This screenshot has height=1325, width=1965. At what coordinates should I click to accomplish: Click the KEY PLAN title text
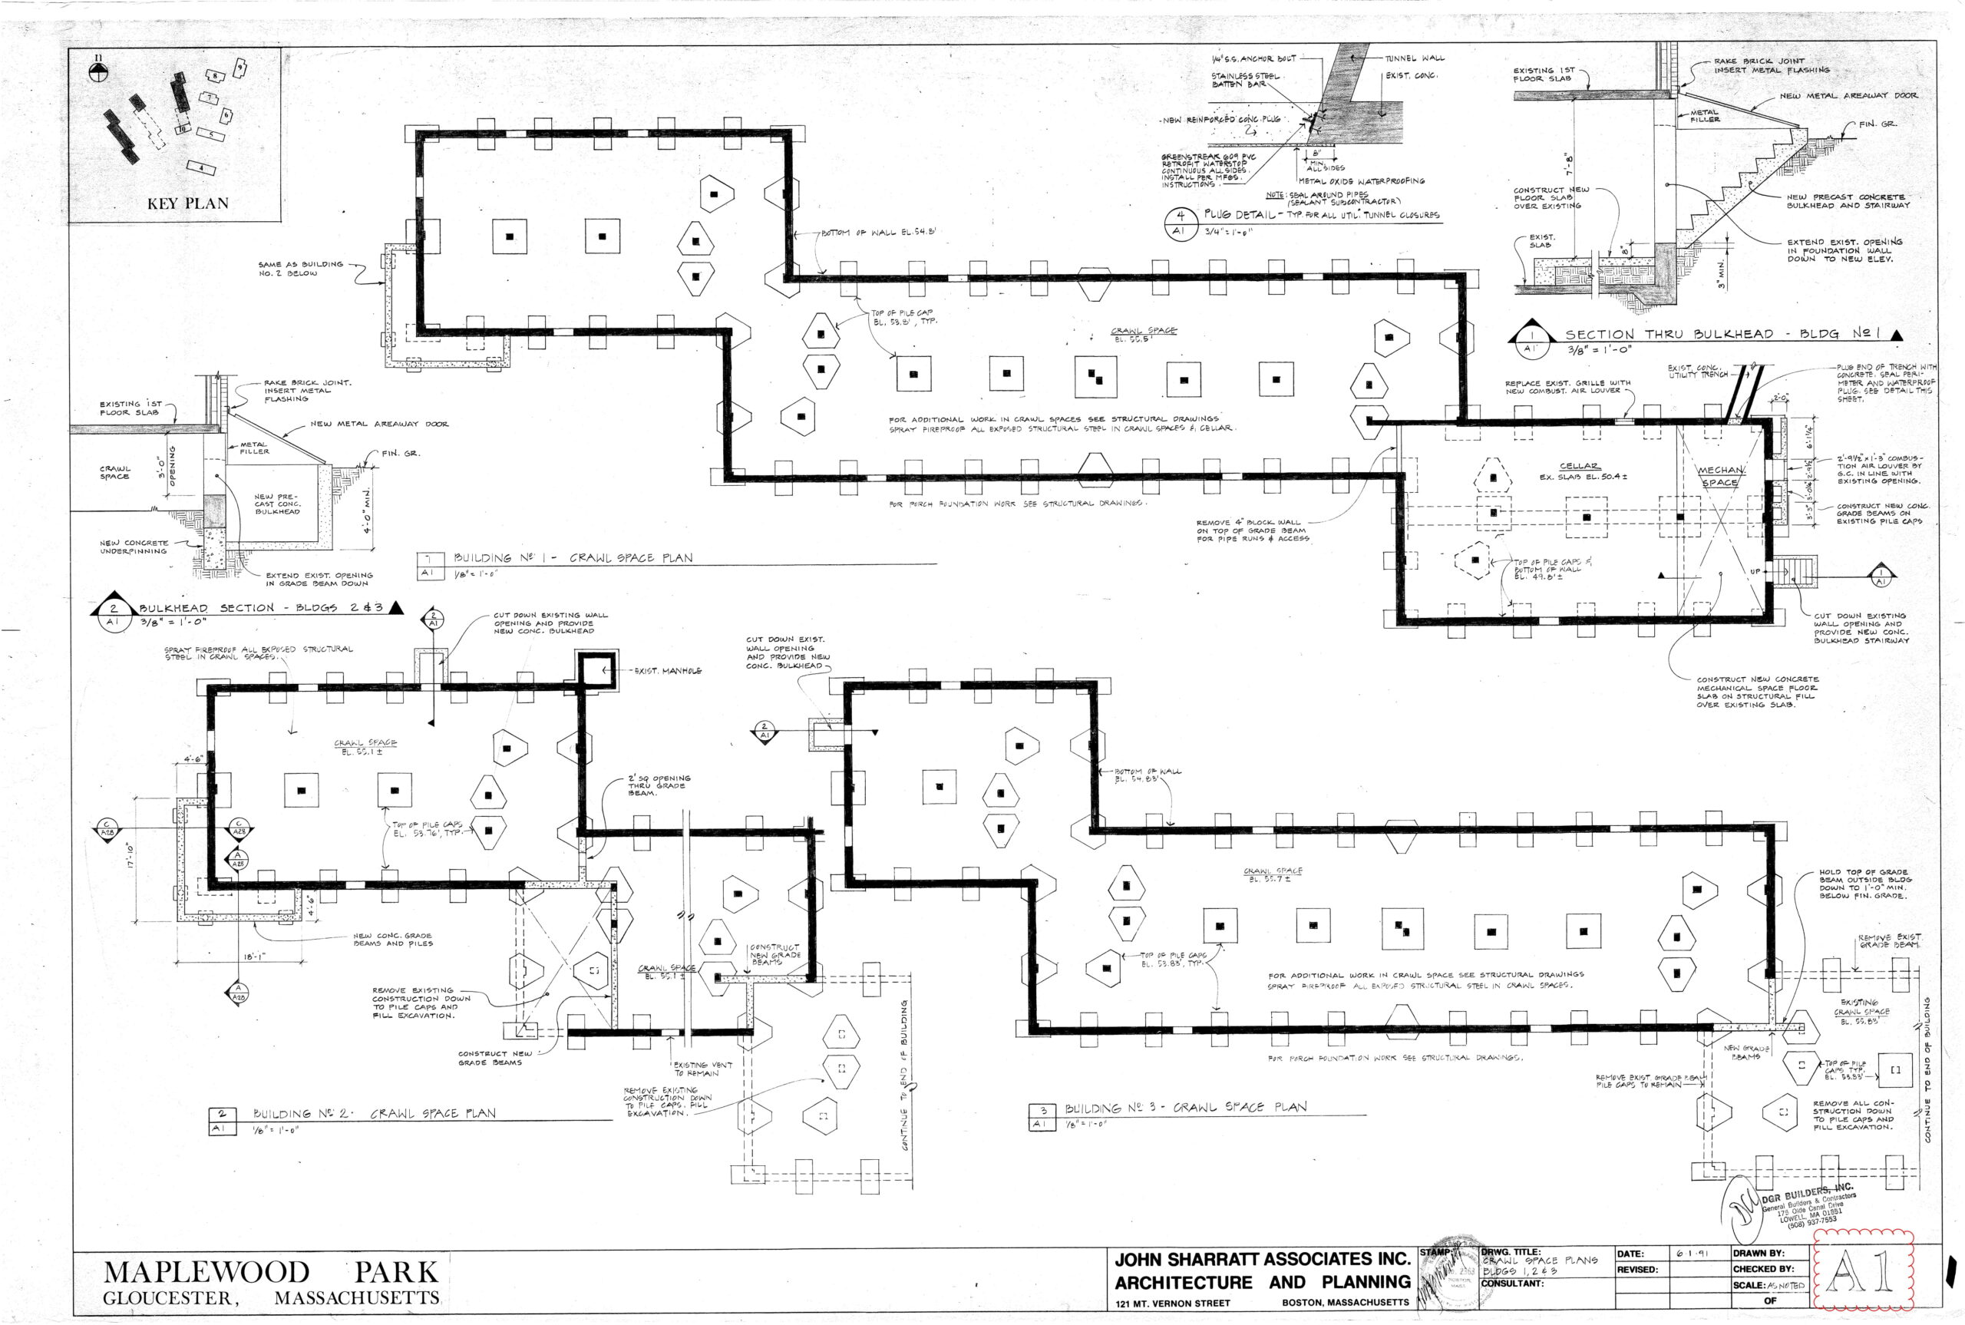pos(187,203)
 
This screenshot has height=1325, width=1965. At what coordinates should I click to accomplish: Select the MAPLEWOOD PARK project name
pos(270,1272)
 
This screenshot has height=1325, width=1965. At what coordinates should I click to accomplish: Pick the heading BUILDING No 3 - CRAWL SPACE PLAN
pos(1184,1107)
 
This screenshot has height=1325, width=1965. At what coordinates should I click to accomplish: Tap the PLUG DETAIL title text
pos(1240,215)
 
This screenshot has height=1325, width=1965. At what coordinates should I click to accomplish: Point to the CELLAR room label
pos(1578,466)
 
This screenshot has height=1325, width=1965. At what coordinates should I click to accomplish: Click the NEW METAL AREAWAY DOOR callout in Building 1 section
pos(1848,95)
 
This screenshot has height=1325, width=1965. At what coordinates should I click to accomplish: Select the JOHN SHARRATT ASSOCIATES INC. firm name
pos(1262,1260)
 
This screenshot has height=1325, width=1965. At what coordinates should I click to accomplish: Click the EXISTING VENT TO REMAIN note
pos(702,1069)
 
